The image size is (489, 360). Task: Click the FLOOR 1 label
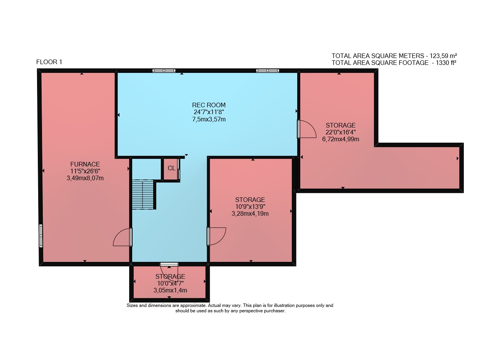(x=49, y=62)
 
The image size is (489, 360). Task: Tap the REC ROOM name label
(x=209, y=105)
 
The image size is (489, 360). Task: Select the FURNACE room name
(x=85, y=164)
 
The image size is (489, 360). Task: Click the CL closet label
(x=172, y=168)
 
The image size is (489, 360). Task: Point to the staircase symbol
(x=143, y=194)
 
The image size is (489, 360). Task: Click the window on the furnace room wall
(x=40, y=236)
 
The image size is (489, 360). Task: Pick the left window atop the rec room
(x=164, y=71)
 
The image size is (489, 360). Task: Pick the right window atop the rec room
(x=267, y=71)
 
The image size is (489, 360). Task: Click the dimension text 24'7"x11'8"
(x=209, y=112)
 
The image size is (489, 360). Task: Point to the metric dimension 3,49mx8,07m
(x=85, y=178)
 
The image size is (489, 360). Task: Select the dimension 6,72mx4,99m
(x=340, y=139)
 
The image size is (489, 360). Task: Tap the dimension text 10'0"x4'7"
(x=170, y=283)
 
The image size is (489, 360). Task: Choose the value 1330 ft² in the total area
(x=446, y=63)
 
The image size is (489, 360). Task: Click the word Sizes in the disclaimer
(x=132, y=306)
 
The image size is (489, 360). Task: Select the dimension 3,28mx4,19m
(x=250, y=214)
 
